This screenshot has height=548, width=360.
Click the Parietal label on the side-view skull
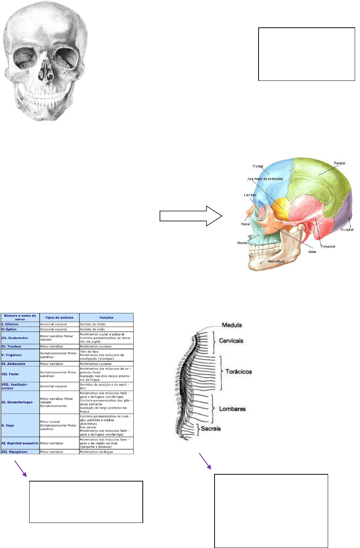tap(339, 163)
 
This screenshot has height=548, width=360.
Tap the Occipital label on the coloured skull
tap(346, 229)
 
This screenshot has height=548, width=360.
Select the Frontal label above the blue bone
tap(258, 166)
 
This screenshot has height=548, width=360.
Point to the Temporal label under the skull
tap(328, 246)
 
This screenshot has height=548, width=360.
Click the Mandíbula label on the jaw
tap(276, 261)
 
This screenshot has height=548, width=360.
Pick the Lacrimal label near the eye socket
tap(250, 195)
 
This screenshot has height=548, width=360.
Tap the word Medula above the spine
tap(232, 325)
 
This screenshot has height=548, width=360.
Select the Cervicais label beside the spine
tap(231, 341)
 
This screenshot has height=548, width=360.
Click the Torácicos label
tap(238, 371)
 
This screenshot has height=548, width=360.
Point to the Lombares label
tap(232, 409)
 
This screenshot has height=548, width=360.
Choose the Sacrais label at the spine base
tap(211, 428)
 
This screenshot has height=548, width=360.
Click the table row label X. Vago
tap(8, 425)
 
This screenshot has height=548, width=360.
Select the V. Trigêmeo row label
tap(11, 355)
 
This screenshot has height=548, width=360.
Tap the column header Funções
tap(106, 317)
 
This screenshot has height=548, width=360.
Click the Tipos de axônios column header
tap(59, 317)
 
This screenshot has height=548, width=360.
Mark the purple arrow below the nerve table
tap(20, 468)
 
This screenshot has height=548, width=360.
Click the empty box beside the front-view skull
tap(306, 54)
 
